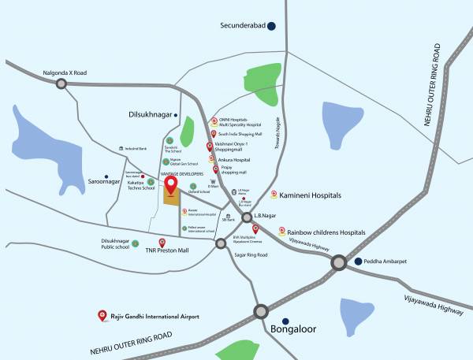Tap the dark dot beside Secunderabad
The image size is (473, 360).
click(x=272, y=26)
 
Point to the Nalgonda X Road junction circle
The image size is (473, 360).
click(x=61, y=82)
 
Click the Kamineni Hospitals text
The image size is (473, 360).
click(x=310, y=194)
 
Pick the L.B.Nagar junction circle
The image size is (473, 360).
click(x=247, y=217)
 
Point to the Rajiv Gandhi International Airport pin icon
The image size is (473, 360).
click(x=102, y=316)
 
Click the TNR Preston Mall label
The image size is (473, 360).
click(x=167, y=251)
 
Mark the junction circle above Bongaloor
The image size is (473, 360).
click(x=260, y=310)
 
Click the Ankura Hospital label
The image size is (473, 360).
click(x=233, y=158)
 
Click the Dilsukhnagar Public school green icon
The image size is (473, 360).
click(x=136, y=243)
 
